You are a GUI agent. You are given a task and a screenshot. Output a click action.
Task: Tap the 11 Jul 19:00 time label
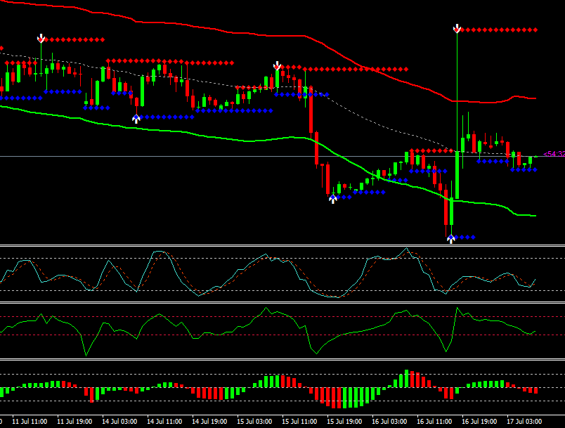point(74,422)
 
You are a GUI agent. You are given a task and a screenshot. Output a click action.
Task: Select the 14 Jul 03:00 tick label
point(119,422)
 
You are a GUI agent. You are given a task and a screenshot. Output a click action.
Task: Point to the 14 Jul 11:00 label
point(164,422)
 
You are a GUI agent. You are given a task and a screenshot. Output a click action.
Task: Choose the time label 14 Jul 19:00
point(209,422)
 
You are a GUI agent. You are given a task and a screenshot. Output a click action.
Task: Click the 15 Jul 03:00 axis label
point(254,422)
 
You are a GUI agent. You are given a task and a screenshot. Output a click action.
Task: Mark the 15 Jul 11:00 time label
point(299,422)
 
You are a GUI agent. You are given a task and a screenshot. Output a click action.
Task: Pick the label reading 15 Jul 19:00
point(344,422)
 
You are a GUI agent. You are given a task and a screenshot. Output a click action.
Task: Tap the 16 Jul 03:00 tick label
point(389,422)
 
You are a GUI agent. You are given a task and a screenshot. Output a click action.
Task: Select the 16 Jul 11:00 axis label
point(434,422)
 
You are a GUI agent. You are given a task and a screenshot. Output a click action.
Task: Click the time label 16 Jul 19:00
point(479,422)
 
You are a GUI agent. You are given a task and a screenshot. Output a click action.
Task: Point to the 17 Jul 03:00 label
point(524,422)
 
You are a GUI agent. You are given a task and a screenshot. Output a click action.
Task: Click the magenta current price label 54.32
point(554,153)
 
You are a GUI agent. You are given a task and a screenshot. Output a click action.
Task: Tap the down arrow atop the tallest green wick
point(457,29)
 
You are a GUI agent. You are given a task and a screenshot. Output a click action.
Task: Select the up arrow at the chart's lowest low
point(451,239)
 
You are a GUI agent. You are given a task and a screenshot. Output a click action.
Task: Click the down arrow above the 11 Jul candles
point(41,38)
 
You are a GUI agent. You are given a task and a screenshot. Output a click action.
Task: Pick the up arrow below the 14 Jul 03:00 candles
point(136,119)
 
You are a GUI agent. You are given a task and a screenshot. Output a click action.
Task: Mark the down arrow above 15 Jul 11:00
point(278,66)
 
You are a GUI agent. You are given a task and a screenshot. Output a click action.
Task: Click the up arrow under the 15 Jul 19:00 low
point(333,199)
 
